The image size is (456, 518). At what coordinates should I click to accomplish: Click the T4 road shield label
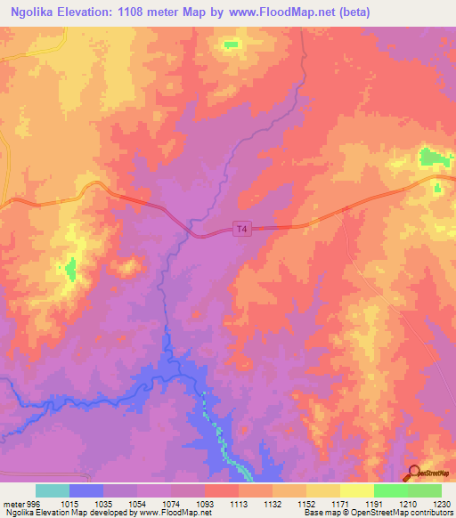241,230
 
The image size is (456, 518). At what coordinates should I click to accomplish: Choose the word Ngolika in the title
35,12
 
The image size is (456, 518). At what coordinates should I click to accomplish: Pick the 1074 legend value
170,502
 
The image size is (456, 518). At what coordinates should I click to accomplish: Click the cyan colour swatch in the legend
53,490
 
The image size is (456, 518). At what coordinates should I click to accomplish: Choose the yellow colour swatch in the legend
356,490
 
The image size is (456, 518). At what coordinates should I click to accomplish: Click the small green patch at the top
232,44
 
